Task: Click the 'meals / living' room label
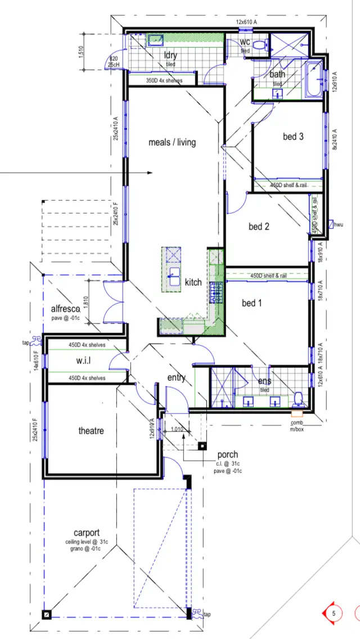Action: coord(172,142)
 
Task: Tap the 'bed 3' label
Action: coord(293,137)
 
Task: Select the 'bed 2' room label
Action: coord(259,227)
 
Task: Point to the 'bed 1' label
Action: coord(252,303)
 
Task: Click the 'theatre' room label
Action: coord(91,431)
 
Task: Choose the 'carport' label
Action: coord(87,533)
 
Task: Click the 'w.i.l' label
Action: coord(83,361)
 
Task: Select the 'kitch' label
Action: coord(193,282)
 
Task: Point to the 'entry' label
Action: coord(176,377)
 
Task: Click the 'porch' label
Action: coord(227,454)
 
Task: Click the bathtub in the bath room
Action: coord(312,82)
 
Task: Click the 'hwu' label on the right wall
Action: coord(339,224)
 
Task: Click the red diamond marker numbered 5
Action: coord(333,613)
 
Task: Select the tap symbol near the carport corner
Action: coord(197,614)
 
